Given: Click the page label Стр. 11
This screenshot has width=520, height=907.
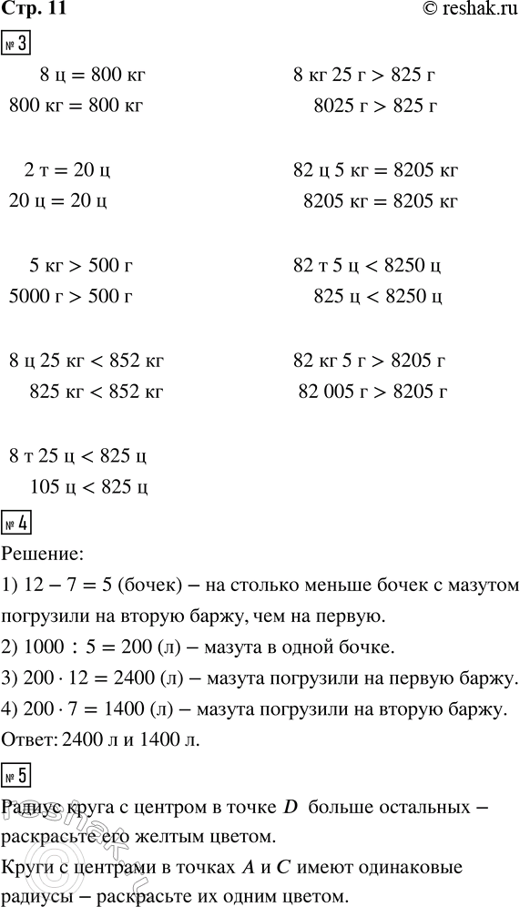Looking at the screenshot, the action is click(35, 11).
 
